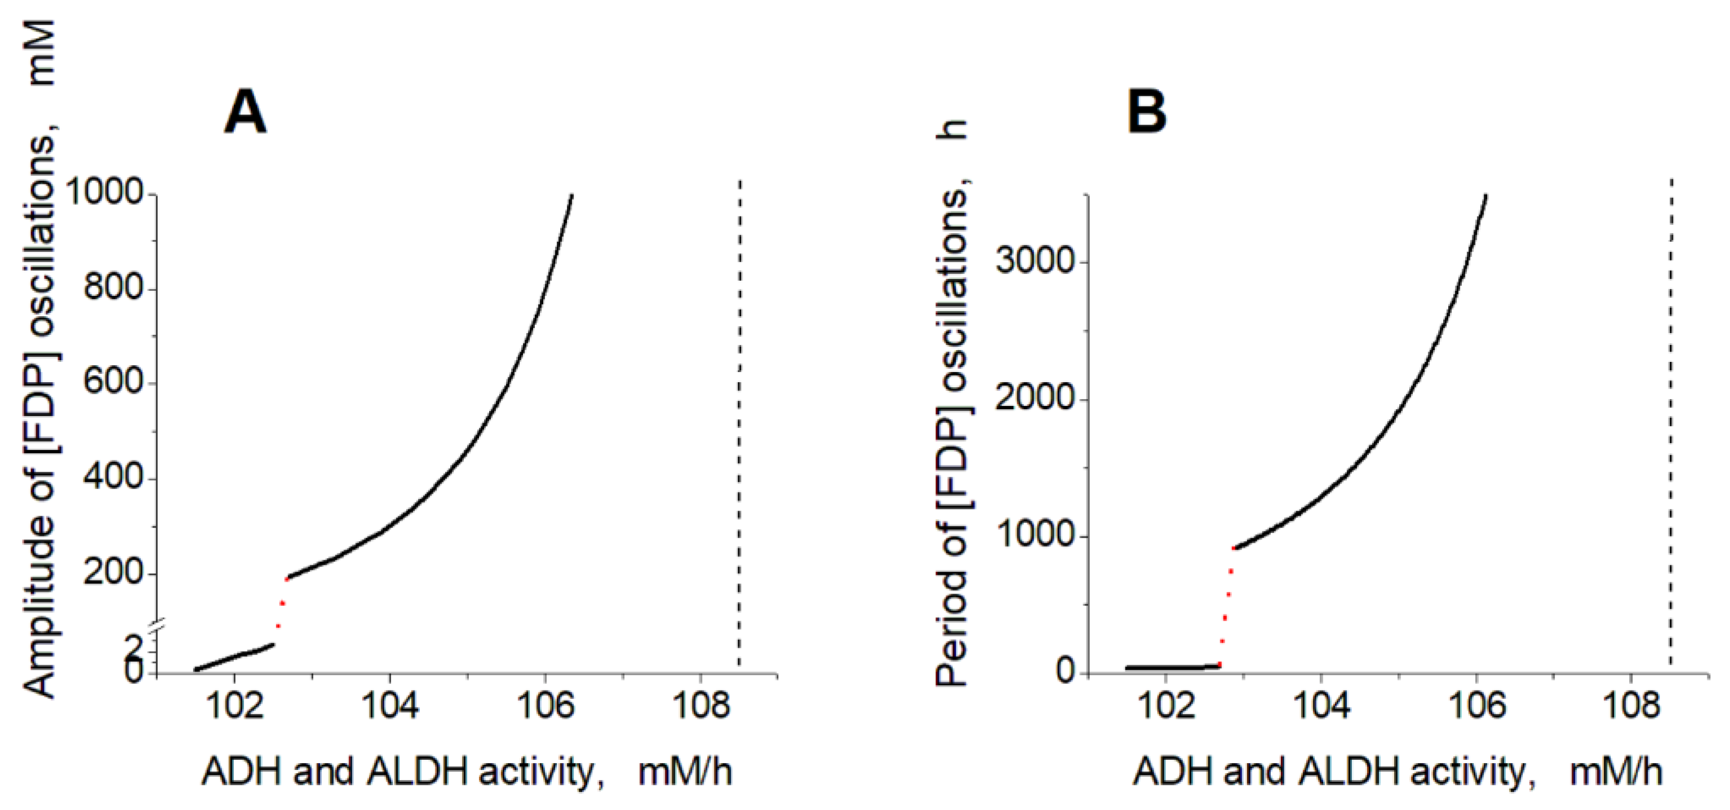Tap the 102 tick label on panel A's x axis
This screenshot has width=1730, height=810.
click(x=234, y=706)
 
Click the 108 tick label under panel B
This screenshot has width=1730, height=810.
click(x=1631, y=706)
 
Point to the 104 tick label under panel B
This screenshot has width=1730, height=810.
click(x=1321, y=706)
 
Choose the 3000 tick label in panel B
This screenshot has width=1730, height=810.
click(x=1036, y=260)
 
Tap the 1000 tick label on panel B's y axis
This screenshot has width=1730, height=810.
click(x=1036, y=535)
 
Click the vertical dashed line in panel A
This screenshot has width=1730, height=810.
click(x=739, y=423)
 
